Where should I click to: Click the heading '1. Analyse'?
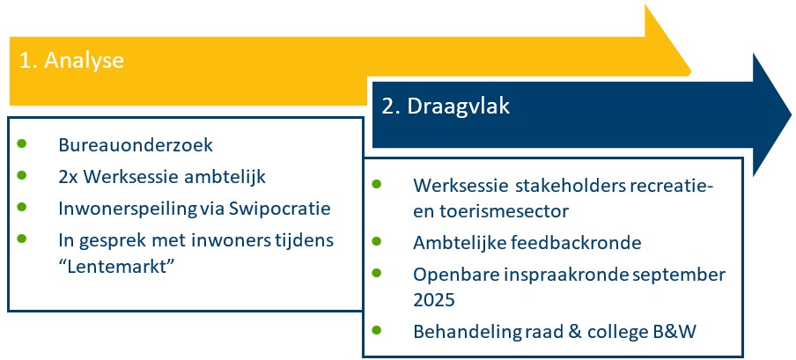[71, 62]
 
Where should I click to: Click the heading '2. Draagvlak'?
[446, 106]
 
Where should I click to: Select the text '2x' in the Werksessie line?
[70, 177]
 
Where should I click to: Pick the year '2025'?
[432, 299]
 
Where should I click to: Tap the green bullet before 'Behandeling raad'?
[378, 329]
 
